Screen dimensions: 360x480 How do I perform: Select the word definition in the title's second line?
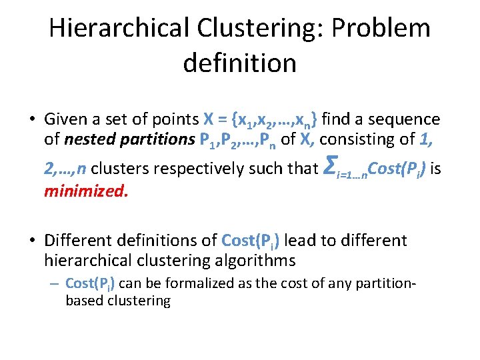pos(239,63)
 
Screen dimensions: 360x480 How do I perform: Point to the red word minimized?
pos(85,192)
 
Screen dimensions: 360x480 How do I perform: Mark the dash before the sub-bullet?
pos(55,284)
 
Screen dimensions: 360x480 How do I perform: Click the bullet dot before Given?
pos(31,120)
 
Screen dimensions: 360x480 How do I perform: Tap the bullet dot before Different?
pos(31,241)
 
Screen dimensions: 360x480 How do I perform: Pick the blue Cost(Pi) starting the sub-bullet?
pos(90,283)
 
